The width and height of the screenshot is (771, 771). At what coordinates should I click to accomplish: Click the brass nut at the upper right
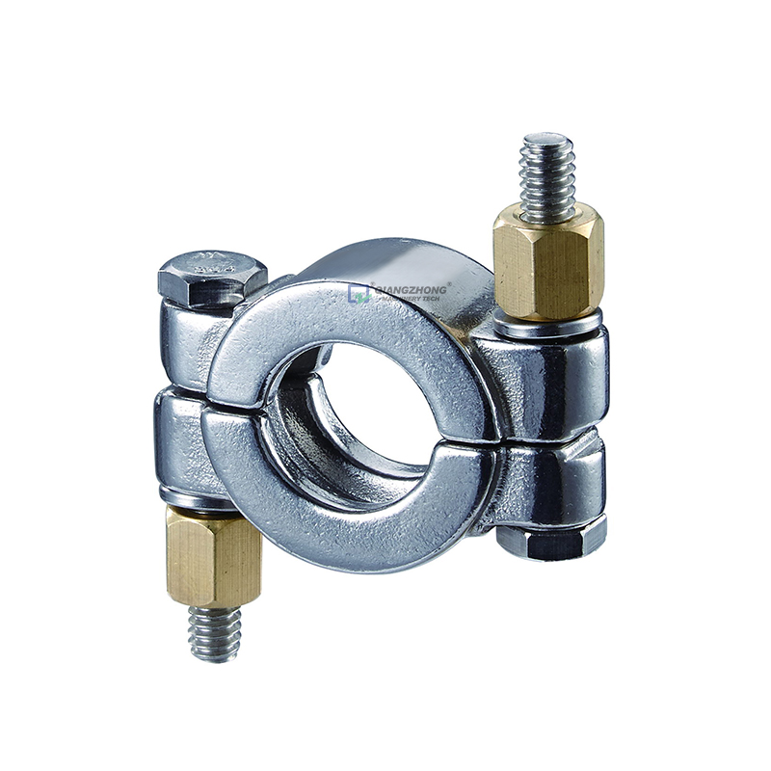[x=547, y=264]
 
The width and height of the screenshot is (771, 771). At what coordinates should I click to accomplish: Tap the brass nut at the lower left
[x=213, y=556]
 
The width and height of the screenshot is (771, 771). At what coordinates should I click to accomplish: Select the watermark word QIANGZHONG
[x=410, y=288]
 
